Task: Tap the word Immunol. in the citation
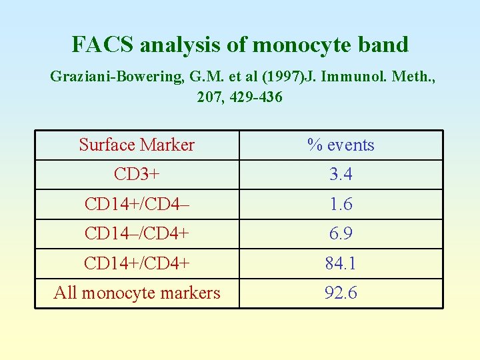point(351,77)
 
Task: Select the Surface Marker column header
point(137,145)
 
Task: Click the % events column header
point(341,145)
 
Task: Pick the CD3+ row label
point(137,175)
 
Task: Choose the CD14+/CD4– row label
point(137,204)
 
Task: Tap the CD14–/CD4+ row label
point(137,234)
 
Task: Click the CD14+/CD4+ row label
point(137,263)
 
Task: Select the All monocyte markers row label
point(137,293)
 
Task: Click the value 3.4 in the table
point(341,175)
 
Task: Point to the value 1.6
point(341,204)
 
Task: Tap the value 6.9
point(341,234)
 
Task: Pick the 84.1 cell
point(341,263)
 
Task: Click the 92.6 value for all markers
point(341,293)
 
